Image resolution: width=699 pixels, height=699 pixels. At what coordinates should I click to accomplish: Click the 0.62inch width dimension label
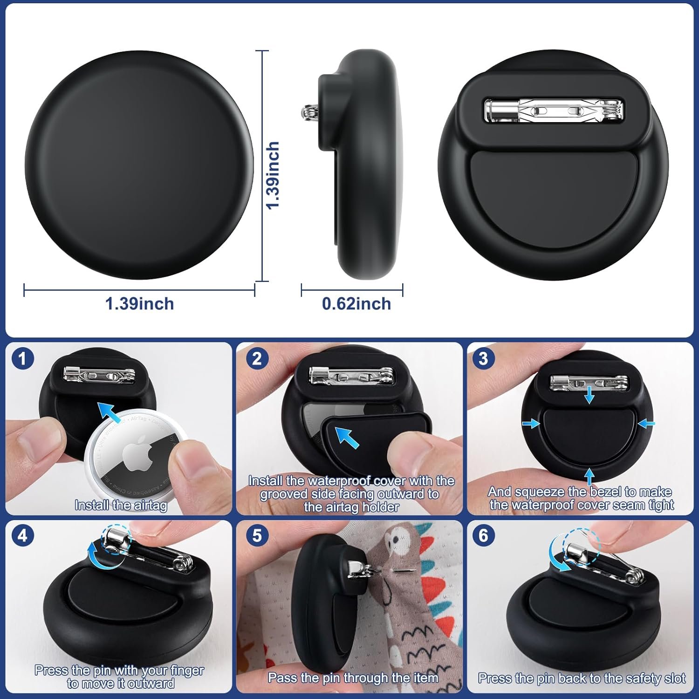[x=356, y=304]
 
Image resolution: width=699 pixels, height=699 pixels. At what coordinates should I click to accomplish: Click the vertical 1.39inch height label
[x=273, y=175]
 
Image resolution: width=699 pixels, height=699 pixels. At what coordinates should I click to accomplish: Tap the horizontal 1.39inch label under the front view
[x=139, y=304]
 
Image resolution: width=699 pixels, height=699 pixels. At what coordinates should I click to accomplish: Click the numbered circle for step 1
[x=22, y=359]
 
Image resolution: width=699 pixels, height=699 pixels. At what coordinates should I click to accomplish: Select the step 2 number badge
[x=257, y=359]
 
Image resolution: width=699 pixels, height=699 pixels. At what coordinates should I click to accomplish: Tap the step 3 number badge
[x=483, y=358]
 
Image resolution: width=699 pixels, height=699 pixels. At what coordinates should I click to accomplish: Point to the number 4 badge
[x=22, y=536]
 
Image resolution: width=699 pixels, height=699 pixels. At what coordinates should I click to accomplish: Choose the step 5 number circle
[x=257, y=536]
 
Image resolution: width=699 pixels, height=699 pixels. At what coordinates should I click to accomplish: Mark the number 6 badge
[x=483, y=536]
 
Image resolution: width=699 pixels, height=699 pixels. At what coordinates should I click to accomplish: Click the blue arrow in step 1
[x=111, y=412]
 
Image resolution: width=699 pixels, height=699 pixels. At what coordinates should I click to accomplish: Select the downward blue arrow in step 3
[x=589, y=394]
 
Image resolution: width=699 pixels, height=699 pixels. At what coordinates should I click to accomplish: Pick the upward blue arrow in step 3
[x=589, y=477]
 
